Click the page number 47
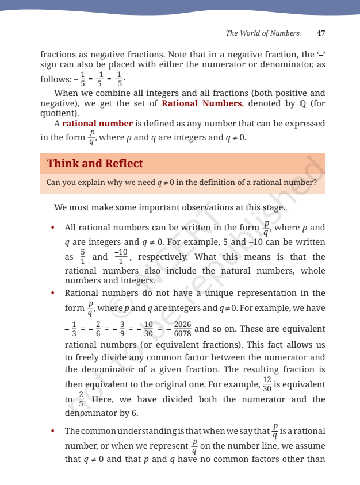point(321,33)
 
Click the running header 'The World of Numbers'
point(262,33)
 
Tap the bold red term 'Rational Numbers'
point(201,103)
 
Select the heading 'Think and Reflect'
point(95,164)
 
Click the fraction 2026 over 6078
point(182,329)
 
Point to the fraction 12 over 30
point(266,384)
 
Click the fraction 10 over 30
point(148,329)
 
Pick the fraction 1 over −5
point(118,79)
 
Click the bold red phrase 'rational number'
point(98,124)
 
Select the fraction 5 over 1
point(82,257)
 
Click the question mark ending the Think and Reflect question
point(315,183)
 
